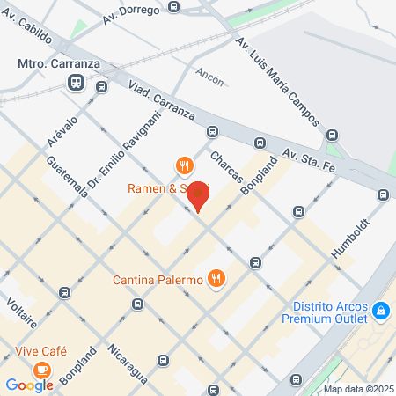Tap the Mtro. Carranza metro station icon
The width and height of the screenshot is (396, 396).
[75, 83]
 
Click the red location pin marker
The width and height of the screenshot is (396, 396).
[201, 195]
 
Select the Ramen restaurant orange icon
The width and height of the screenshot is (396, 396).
[184, 165]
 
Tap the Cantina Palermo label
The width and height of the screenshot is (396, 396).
[158, 281]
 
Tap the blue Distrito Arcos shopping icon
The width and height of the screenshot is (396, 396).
[381, 310]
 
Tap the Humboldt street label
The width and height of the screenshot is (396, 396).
[340, 236]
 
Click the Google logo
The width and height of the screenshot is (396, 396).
[29, 385]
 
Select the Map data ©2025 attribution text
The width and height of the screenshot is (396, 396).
[358, 389]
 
